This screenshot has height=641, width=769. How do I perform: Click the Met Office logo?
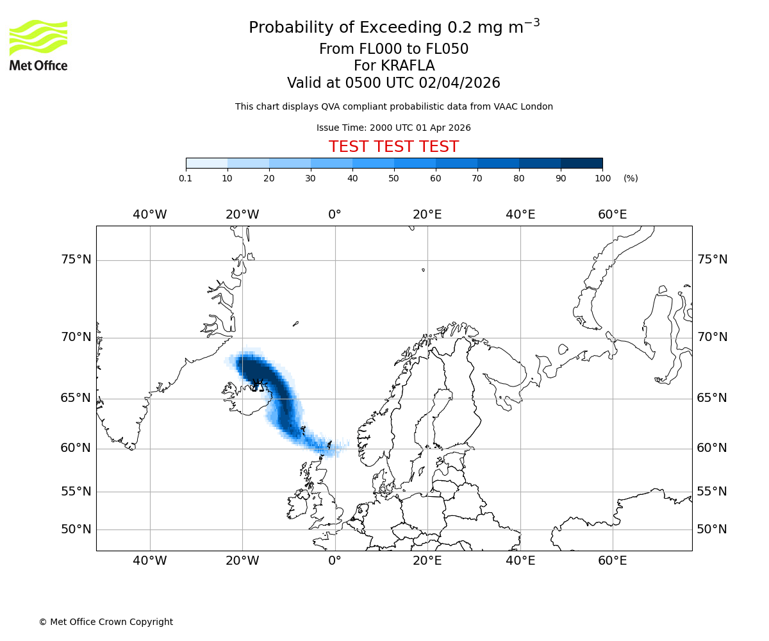[x=38, y=45]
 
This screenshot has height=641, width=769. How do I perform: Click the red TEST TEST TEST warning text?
[x=393, y=147]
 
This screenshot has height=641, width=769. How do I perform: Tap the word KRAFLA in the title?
[x=408, y=66]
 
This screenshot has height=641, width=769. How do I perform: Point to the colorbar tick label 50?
[x=394, y=178]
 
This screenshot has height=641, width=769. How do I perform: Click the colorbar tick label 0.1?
[x=186, y=178]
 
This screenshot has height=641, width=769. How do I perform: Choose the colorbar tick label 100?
[x=602, y=178]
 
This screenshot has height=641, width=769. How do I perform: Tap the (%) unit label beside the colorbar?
[x=631, y=178]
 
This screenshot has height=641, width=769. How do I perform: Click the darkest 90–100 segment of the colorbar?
[x=581, y=163]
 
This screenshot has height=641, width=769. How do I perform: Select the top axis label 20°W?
[x=242, y=215]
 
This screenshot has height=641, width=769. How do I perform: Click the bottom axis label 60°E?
[x=613, y=561]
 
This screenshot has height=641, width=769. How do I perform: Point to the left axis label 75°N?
[x=76, y=260]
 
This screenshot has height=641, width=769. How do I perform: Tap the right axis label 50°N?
[x=712, y=529]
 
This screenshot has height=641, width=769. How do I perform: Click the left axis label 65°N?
[x=76, y=398]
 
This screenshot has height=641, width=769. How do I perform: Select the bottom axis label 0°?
[x=335, y=561]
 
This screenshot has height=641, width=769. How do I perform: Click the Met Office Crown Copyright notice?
[x=106, y=622]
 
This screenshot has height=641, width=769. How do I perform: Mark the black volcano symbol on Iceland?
[x=258, y=385]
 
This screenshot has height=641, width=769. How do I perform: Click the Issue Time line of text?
[x=393, y=128]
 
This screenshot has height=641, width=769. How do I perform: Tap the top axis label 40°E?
[x=520, y=215]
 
